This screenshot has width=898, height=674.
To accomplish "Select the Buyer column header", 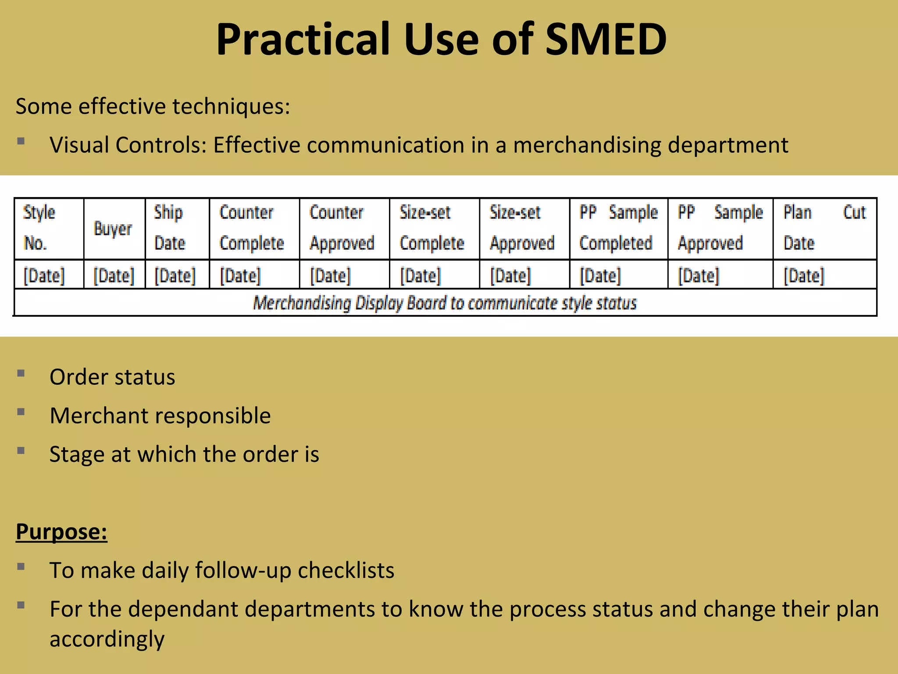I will point(113,229).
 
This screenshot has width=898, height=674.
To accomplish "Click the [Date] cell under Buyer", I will point(114,276).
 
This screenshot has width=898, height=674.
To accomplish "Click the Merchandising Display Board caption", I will point(445,303).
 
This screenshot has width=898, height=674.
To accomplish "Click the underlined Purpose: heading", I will point(61,532).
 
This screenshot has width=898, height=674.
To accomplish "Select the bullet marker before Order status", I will point(21,373).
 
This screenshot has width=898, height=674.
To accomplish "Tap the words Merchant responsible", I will point(160,416).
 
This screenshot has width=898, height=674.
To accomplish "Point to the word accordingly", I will point(107,639).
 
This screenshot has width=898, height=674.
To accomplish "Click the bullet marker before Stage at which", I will point(21,451).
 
